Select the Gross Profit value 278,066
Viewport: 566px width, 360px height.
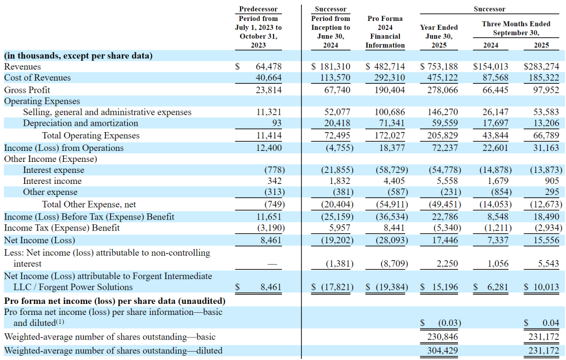click(442, 90)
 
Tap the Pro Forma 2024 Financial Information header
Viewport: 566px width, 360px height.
click(385, 32)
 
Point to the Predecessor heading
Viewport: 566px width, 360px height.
click(258, 9)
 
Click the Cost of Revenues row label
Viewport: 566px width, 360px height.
click(37, 78)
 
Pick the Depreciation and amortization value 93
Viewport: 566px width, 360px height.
click(277, 123)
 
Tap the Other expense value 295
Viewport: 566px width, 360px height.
click(552, 192)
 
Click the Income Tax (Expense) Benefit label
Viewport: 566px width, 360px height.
click(62, 228)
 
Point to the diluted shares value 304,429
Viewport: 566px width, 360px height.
click(442, 351)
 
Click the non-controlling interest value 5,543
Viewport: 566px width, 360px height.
click(548, 264)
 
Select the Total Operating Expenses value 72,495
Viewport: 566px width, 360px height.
click(337, 136)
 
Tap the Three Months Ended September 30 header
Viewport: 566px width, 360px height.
click(516, 28)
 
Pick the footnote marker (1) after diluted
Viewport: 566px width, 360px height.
click(60, 321)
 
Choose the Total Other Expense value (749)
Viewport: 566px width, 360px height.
click(274, 204)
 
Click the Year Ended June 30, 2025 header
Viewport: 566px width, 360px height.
click(439, 36)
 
